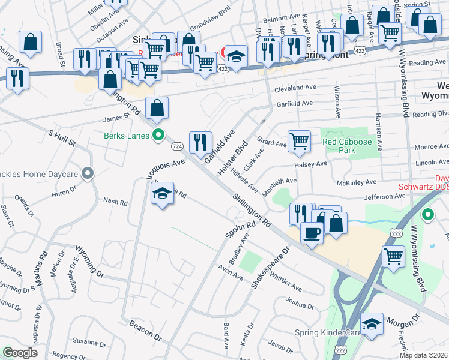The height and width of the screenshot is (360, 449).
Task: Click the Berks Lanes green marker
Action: pyautogui.click(x=158, y=135)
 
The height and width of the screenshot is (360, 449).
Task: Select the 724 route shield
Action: pyautogui.click(x=176, y=146)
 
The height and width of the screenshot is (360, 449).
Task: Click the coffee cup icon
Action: pyautogui.click(x=311, y=232)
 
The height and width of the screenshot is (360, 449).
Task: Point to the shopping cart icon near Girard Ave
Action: pyautogui.click(x=299, y=142)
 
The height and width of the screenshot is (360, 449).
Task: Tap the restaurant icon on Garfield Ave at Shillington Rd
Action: pyautogui.click(x=200, y=142)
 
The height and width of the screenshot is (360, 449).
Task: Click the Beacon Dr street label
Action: pyautogui.click(x=146, y=330)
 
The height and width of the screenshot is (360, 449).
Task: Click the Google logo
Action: pyautogui.click(x=20, y=353)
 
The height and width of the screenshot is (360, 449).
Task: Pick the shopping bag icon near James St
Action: pyautogui.click(x=157, y=108)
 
